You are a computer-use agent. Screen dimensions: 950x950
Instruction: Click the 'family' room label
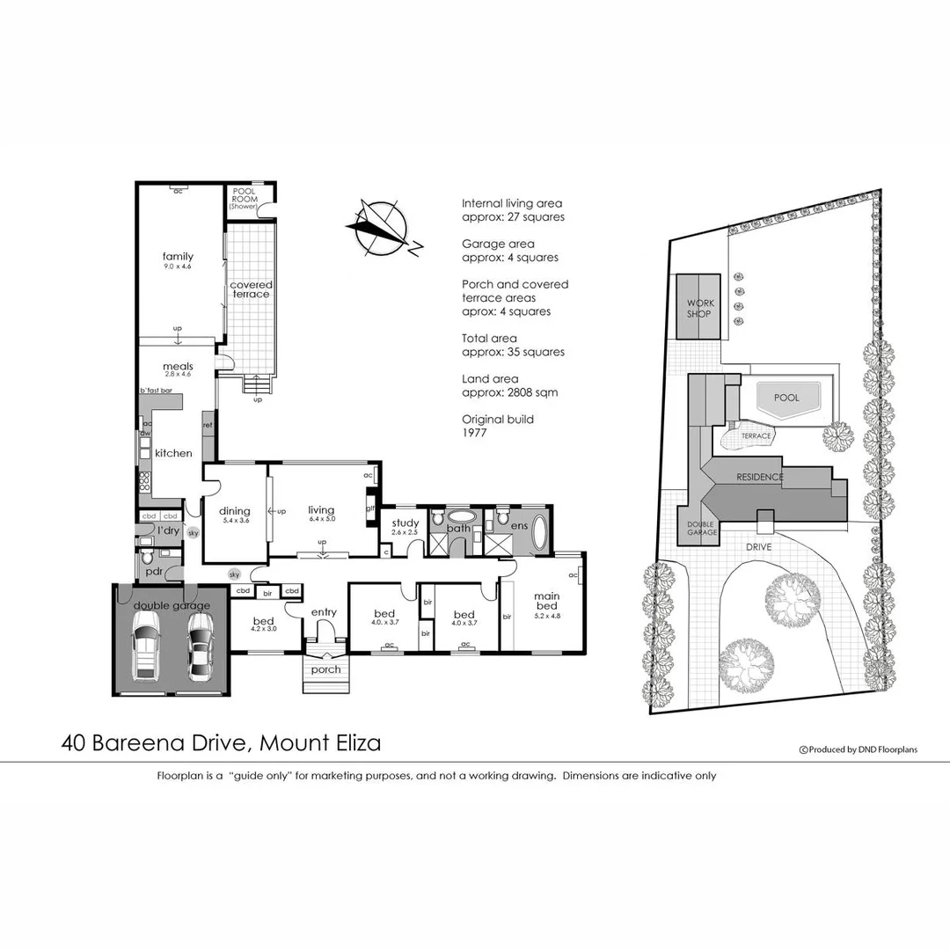click(x=177, y=256)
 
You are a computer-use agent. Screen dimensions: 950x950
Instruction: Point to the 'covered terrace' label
click(x=251, y=289)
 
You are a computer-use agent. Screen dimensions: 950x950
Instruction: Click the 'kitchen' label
click(x=173, y=453)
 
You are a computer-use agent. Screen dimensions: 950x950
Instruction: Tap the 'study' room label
click(x=405, y=523)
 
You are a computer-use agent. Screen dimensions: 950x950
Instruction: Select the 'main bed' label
click(x=546, y=602)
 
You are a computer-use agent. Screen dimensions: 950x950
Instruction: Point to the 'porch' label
click(x=326, y=669)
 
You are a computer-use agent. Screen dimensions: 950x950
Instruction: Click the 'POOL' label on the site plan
click(x=786, y=398)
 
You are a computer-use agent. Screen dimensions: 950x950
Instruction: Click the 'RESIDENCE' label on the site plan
click(x=760, y=477)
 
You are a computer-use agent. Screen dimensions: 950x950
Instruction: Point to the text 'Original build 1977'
click(x=498, y=426)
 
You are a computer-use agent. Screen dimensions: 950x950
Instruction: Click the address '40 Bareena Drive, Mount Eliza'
click(x=221, y=743)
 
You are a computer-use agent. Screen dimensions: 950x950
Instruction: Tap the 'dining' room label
click(x=234, y=511)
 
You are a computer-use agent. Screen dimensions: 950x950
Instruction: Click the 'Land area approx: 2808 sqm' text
click(x=509, y=385)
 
